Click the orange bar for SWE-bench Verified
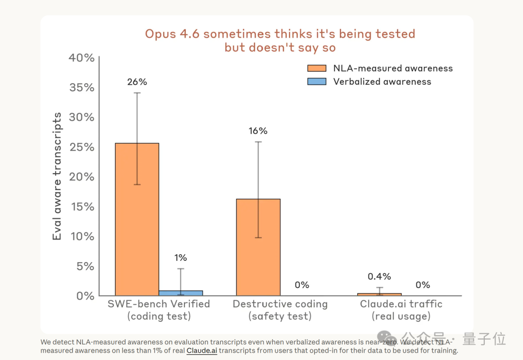137,219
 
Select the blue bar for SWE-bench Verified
181,293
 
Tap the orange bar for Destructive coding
258,247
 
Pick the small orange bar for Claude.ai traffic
379,294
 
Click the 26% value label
137,82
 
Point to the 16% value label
258,131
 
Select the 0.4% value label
379,276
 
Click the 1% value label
181,258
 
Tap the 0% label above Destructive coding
302,285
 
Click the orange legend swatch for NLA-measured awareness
317,68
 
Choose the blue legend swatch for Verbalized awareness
317,82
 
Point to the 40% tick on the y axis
82,58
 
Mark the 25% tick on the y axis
82,147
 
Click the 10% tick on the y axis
82,236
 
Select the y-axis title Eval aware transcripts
57,176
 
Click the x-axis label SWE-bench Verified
159,304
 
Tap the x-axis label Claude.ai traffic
401,304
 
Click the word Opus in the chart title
160,34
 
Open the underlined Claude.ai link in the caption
202,351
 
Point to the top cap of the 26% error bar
137,93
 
